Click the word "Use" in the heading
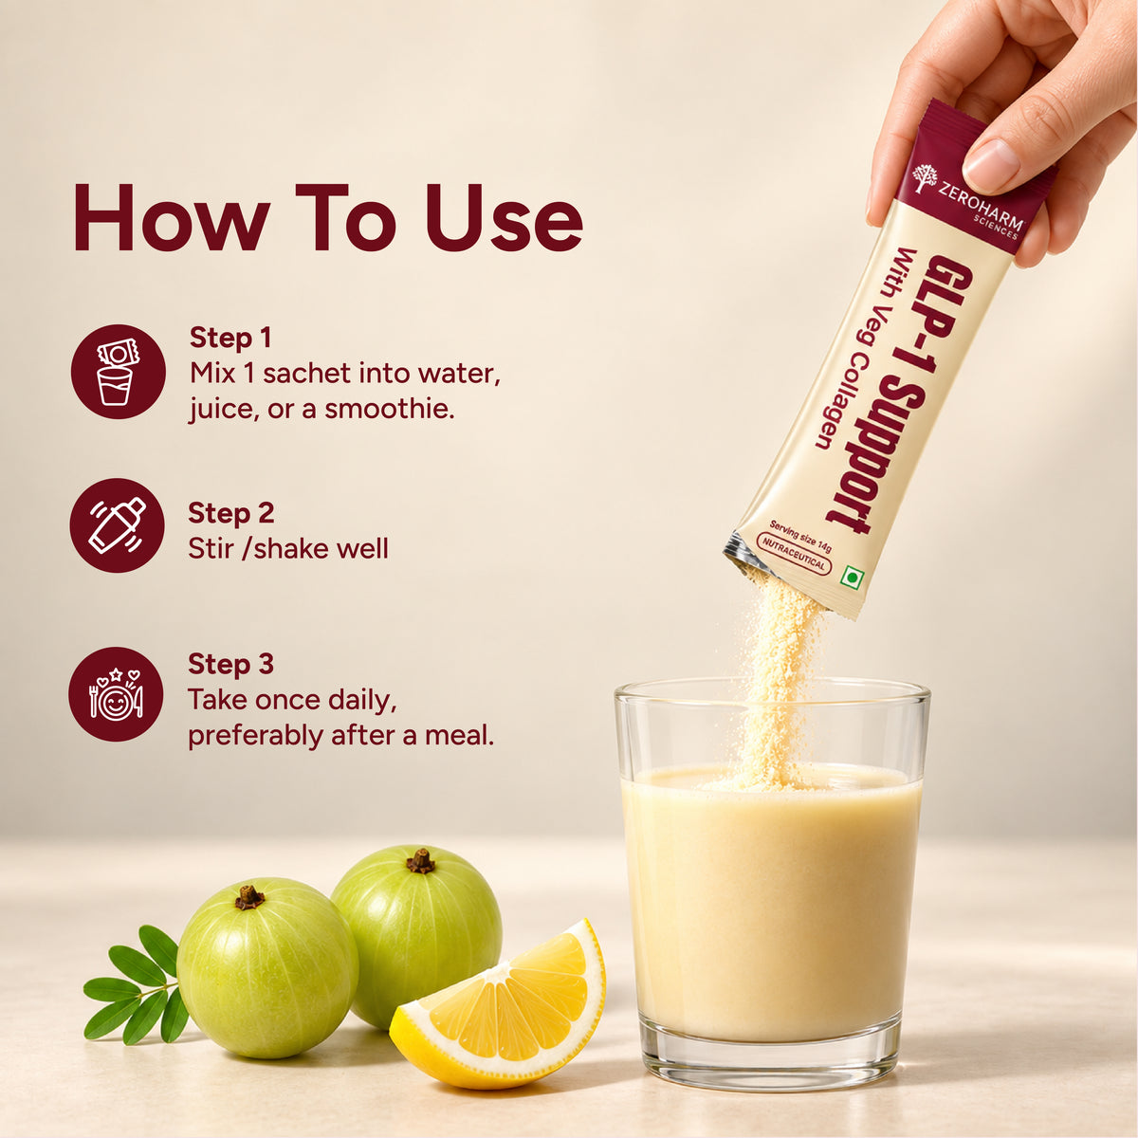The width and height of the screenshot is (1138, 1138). coord(504,218)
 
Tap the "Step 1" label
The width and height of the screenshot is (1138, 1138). coord(230,339)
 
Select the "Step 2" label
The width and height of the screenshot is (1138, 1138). coord(230,513)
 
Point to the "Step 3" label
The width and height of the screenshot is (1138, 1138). coord(230,665)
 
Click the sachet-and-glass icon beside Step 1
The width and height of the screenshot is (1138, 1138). coord(119,372)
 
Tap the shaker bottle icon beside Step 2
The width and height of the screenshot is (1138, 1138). coord(117,525)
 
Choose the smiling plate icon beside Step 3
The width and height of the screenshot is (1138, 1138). coord(116,694)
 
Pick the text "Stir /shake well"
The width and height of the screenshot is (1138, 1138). coord(288,549)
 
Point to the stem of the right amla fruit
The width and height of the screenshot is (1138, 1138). coord(420,862)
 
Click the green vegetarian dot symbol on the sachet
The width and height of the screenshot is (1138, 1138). coord(853,577)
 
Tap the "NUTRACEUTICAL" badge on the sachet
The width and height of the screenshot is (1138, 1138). coord(794,553)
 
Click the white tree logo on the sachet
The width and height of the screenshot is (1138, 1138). coord(925,177)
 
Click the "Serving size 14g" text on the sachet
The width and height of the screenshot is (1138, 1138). coord(800,536)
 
